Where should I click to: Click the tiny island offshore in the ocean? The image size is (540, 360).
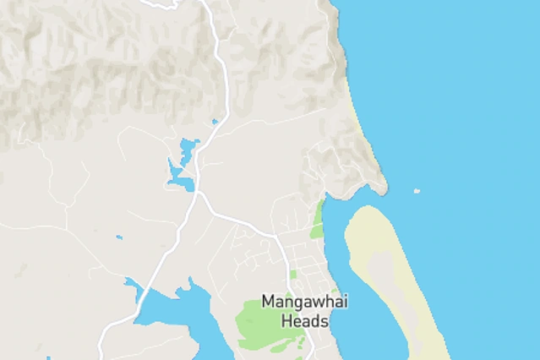(x=417, y=192)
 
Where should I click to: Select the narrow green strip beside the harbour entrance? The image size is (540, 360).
(x=319, y=219)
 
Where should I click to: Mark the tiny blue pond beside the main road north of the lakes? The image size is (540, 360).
(x=215, y=122)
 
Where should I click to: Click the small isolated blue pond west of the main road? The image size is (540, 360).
(x=119, y=237)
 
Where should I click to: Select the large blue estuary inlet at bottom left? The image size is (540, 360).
(x=182, y=309)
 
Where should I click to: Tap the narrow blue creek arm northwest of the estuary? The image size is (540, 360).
(x=133, y=287)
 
